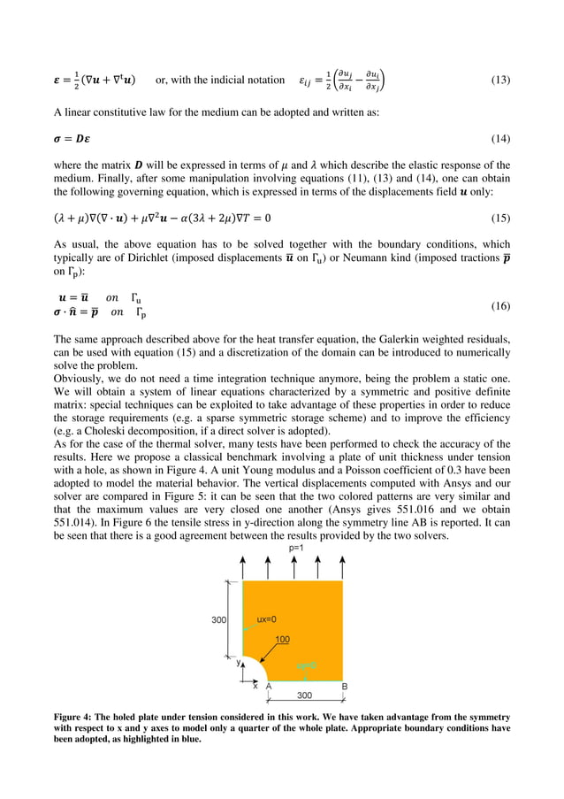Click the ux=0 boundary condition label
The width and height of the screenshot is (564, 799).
(267, 620)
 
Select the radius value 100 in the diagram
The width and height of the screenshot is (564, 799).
(283, 639)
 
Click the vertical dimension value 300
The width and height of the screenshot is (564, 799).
(218, 620)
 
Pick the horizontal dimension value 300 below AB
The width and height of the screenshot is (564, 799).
(302, 695)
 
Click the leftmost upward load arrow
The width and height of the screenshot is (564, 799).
(242, 567)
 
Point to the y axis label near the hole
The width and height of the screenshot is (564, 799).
(237, 661)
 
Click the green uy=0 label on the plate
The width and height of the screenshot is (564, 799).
(306, 665)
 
